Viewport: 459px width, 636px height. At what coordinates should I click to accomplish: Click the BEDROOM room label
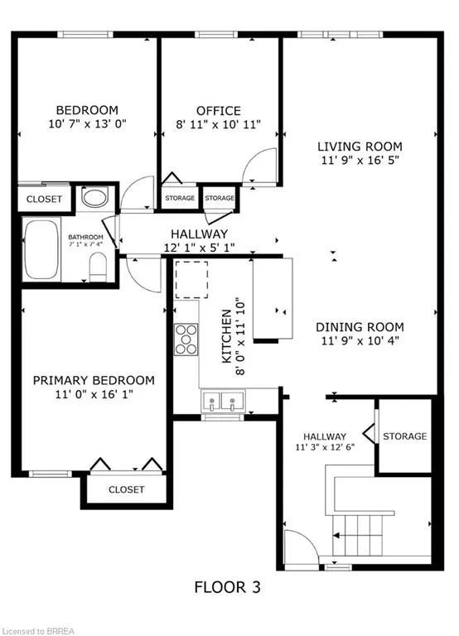click(87, 110)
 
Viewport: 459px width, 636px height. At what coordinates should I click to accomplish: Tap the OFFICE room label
click(219, 111)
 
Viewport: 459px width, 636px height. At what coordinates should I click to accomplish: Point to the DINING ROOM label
click(360, 326)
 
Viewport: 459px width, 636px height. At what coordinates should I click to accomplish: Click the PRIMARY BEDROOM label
click(94, 380)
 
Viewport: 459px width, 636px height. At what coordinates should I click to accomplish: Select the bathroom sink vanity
click(96, 199)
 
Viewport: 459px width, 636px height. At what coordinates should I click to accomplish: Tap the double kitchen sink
click(222, 403)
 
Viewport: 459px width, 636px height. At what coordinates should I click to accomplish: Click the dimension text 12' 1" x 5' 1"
click(199, 248)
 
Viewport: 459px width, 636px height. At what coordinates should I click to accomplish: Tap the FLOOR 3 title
click(227, 588)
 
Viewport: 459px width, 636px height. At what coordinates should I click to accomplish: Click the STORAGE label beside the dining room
click(405, 436)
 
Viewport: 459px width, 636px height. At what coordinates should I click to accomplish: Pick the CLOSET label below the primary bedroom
click(126, 489)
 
